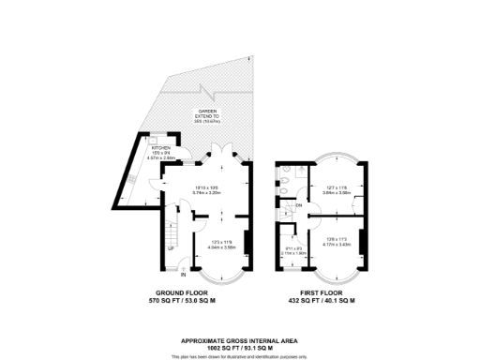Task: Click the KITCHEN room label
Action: [x=162, y=148]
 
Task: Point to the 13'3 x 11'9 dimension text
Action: [x=221, y=242]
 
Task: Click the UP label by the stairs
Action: [x=171, y=248]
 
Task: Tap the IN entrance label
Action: [x=184, y=275]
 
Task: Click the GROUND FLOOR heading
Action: [x=184, y=294]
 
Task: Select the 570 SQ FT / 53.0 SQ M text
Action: [x=184, y=302]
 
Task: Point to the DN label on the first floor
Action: [x=298, y=205]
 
